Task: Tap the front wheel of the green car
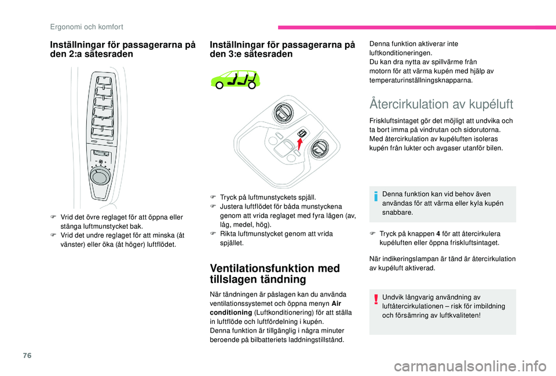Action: click(251, 85)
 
